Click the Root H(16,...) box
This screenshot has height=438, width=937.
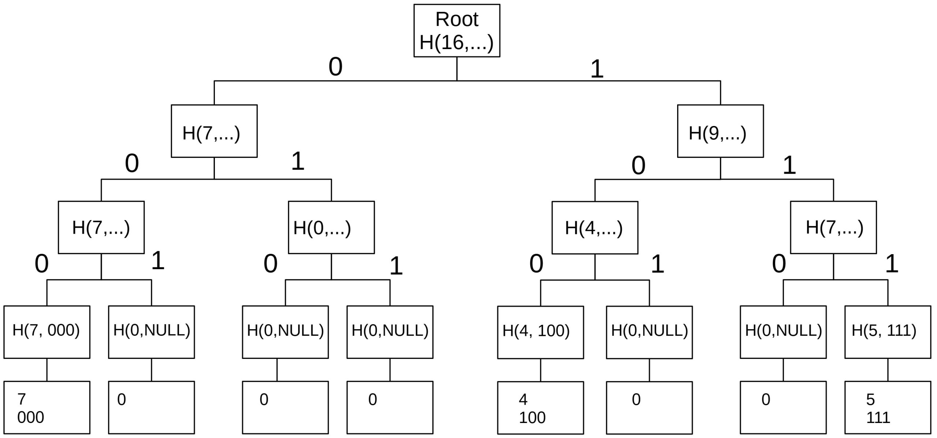(456, 31)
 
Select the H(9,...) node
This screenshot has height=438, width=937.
(720, 131)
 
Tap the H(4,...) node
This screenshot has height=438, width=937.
(594, 227)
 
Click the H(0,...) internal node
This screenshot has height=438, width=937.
(331, 227)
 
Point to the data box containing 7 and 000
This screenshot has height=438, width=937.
(47, 407)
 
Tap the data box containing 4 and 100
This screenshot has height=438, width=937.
(540, 408)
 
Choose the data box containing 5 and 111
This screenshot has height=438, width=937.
(887, 408)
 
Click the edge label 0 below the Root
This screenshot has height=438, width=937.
(335, 67)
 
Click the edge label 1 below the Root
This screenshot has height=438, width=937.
(597, 69)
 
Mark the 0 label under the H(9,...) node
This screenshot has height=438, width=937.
(638, 166)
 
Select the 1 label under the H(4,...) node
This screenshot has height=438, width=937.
(657, 264)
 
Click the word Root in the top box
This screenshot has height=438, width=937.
(456, 19)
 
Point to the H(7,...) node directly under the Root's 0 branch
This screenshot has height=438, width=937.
(214, 131)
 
